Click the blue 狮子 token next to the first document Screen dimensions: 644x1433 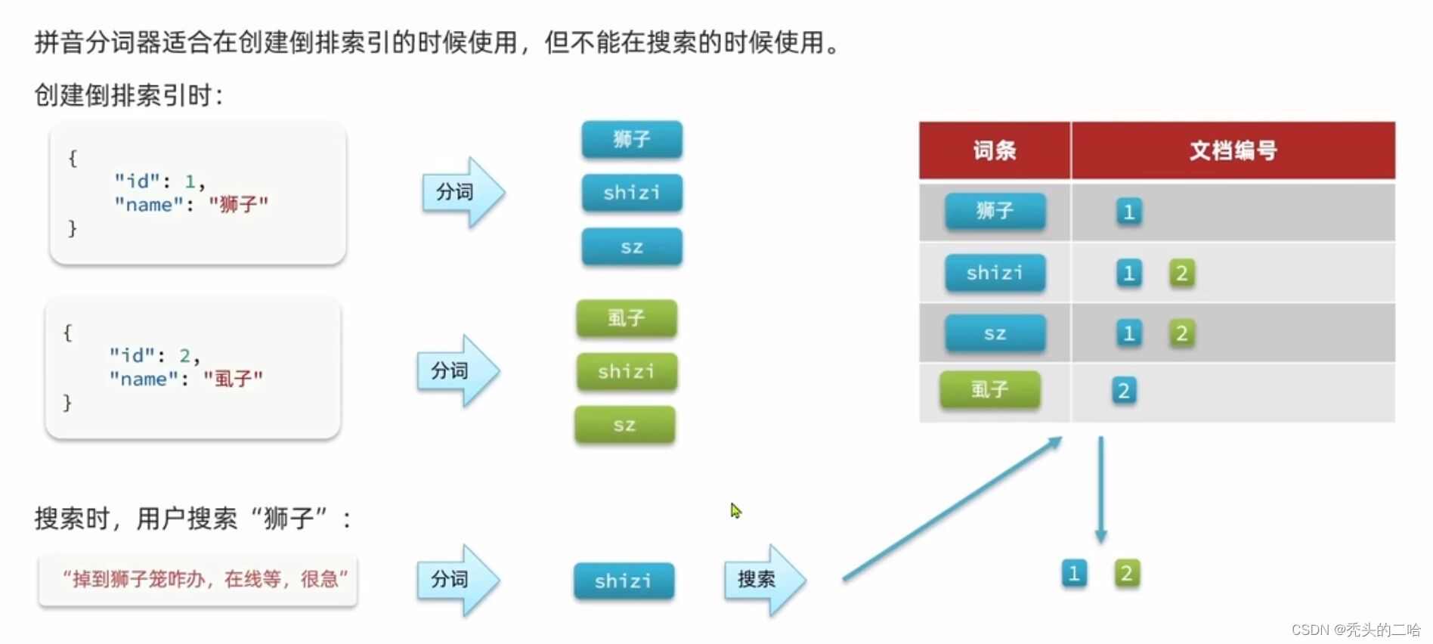tap(632, 140)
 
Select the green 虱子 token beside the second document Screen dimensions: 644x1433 tap(627, 318)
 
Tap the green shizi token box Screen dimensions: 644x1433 tap(627, 372)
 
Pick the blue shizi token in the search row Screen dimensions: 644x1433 tap(624, 581)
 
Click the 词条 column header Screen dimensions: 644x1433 tap(995, 150)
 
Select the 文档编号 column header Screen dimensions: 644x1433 tap(1233, 150)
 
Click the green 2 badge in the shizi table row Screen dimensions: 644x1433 tap(1182, 273)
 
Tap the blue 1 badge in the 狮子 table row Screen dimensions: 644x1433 tap(1129, 212)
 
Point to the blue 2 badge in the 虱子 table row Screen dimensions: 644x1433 tap(1124, 391)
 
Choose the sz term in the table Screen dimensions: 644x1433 tap(995, 334)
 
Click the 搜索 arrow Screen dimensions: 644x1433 tap(763, 580)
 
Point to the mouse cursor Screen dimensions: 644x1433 tap(735, 510)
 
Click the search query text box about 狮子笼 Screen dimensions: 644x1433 tap(198, 580)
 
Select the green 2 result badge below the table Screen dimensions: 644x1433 tap(1127, 574)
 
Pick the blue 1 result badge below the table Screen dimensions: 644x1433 tap(1074, 574)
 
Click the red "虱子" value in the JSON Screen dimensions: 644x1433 tap(234, 379)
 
